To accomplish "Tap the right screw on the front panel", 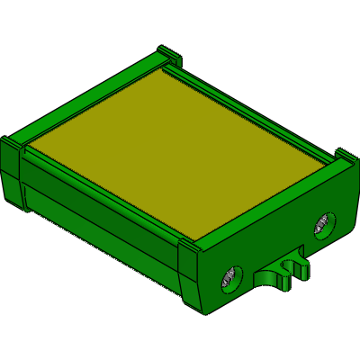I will pyautogui.click(x=322, y=226).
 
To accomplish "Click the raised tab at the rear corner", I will pyautogui.click(x=166, y=51).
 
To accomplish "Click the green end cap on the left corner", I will pyautogui.click(x=13, y=175).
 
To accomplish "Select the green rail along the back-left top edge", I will pyautogui.click(x=90, y=99).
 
